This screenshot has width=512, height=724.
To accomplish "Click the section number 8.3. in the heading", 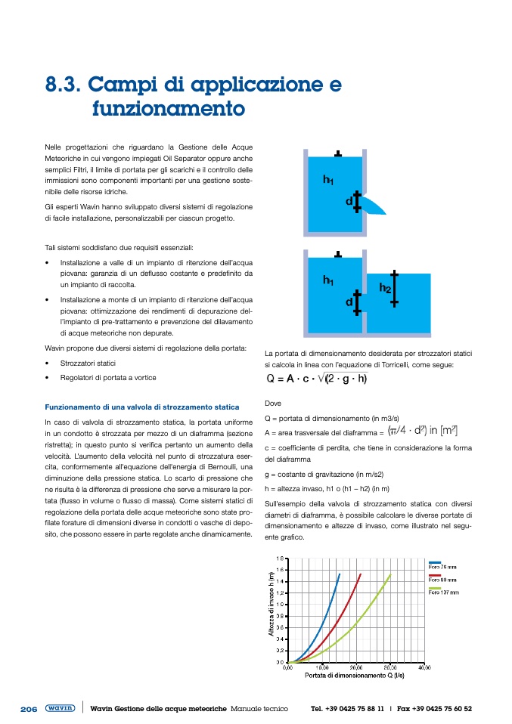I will [x=66, y=82].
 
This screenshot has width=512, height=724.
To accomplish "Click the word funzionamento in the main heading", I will [x=168, y=108].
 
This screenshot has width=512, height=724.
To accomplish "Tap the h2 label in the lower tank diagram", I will [x=384, y=287].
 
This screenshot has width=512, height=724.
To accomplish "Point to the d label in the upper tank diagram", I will [x=349, y=201].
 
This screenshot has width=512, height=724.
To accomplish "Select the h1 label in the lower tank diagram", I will [x=328, y=280].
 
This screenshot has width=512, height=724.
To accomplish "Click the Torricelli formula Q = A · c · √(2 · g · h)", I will [x=317, y=379].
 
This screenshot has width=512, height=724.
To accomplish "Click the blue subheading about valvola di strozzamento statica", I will [x=142, y=407].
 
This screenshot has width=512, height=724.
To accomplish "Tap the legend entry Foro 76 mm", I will [x=442, y=565].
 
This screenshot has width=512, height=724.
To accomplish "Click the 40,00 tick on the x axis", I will [x=424, y=668].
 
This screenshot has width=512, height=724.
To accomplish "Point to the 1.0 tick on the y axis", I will [x=280, y=604].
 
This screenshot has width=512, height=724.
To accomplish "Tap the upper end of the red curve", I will [x=360, y=574].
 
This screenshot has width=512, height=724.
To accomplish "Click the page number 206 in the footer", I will [x=29, y=709].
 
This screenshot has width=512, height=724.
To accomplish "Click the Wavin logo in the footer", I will [x=60, y=708].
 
